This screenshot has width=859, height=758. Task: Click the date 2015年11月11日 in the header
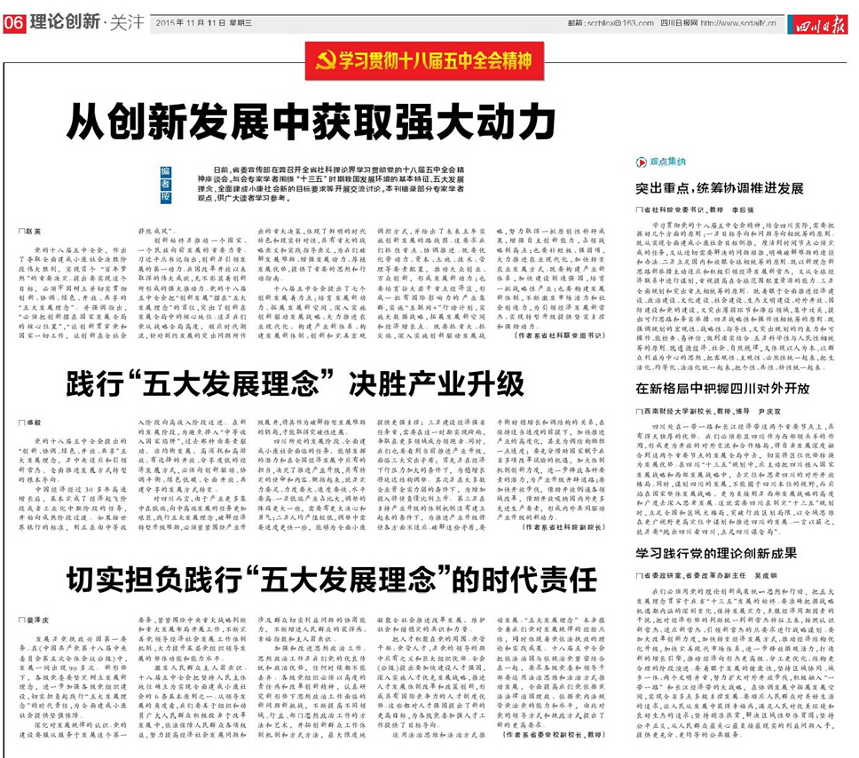tap(187, 23)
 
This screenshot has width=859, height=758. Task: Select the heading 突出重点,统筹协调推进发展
tap(720, 188)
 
